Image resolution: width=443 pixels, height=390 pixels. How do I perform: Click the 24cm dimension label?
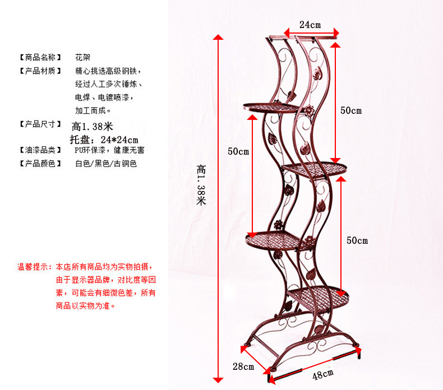click(310, 25)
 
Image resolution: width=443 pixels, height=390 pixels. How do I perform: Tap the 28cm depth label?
click(243, 367)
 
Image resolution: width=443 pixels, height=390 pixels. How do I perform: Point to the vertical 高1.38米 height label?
click(201, 184)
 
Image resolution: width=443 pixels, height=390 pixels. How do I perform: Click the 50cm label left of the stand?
click(238, 151)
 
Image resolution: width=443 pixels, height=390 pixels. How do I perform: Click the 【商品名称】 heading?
click(40, 57)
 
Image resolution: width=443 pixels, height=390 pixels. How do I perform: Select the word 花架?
click(83, 57)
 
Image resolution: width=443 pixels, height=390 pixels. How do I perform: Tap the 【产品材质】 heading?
click(40, 71)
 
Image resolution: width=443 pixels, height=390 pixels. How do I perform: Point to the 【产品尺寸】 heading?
click(40, 124)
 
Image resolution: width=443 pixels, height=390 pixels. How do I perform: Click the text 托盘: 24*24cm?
click(104, 139)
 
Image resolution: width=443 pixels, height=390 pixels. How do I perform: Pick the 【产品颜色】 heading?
click(40, 164)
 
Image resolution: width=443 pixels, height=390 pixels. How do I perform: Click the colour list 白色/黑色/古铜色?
click(106, 164)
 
